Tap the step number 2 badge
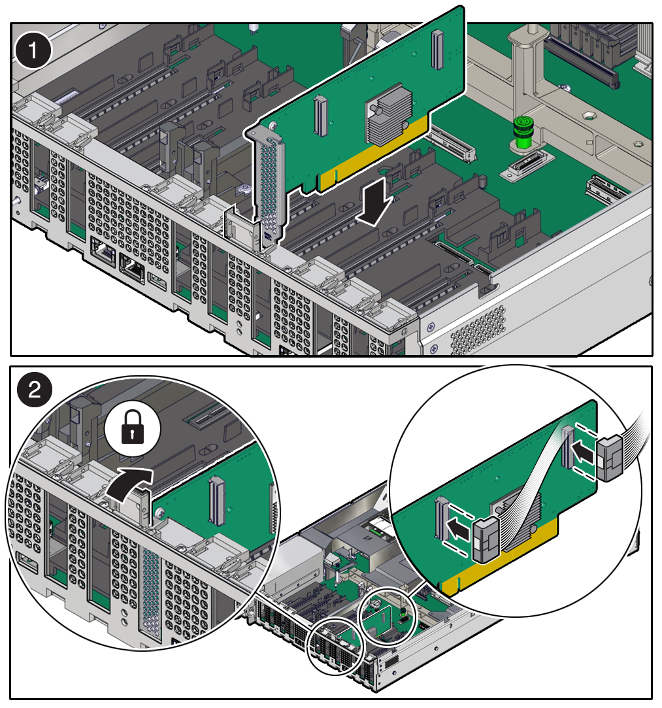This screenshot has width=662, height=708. [33, 392]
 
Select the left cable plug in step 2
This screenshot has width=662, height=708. [484, 538]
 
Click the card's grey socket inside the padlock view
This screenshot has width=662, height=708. [216, 501]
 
